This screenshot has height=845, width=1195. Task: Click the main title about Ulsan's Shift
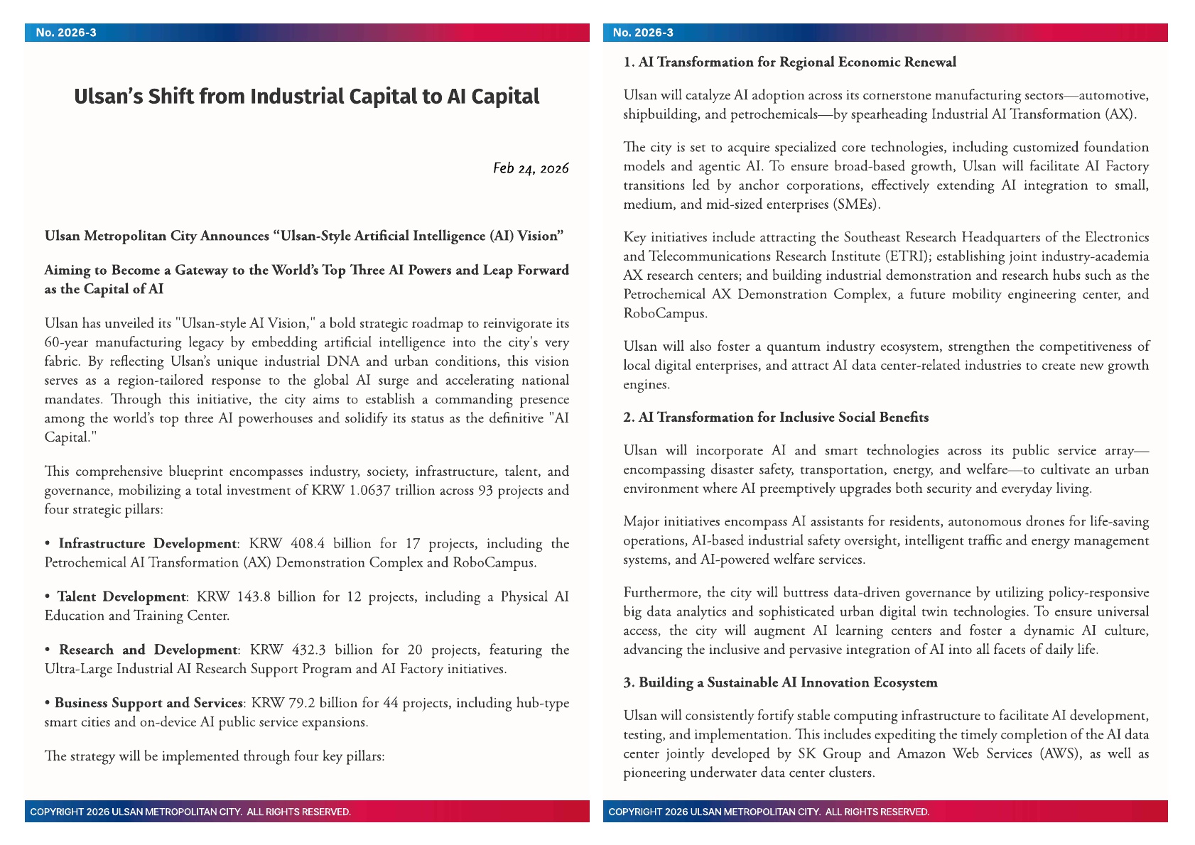[306, 97]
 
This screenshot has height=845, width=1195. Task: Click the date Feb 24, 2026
[531, 168]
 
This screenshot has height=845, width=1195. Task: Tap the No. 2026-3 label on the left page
[66, 33]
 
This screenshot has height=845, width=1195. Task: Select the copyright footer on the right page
[768, 812]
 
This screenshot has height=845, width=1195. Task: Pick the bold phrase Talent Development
[121, 597]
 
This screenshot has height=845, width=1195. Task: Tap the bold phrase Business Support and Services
[148, 703]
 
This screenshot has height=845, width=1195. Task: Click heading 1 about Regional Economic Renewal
[789, 62]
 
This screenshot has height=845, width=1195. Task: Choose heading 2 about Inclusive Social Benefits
[776, 418]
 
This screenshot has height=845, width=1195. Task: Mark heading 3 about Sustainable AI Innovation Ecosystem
[780, 683]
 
